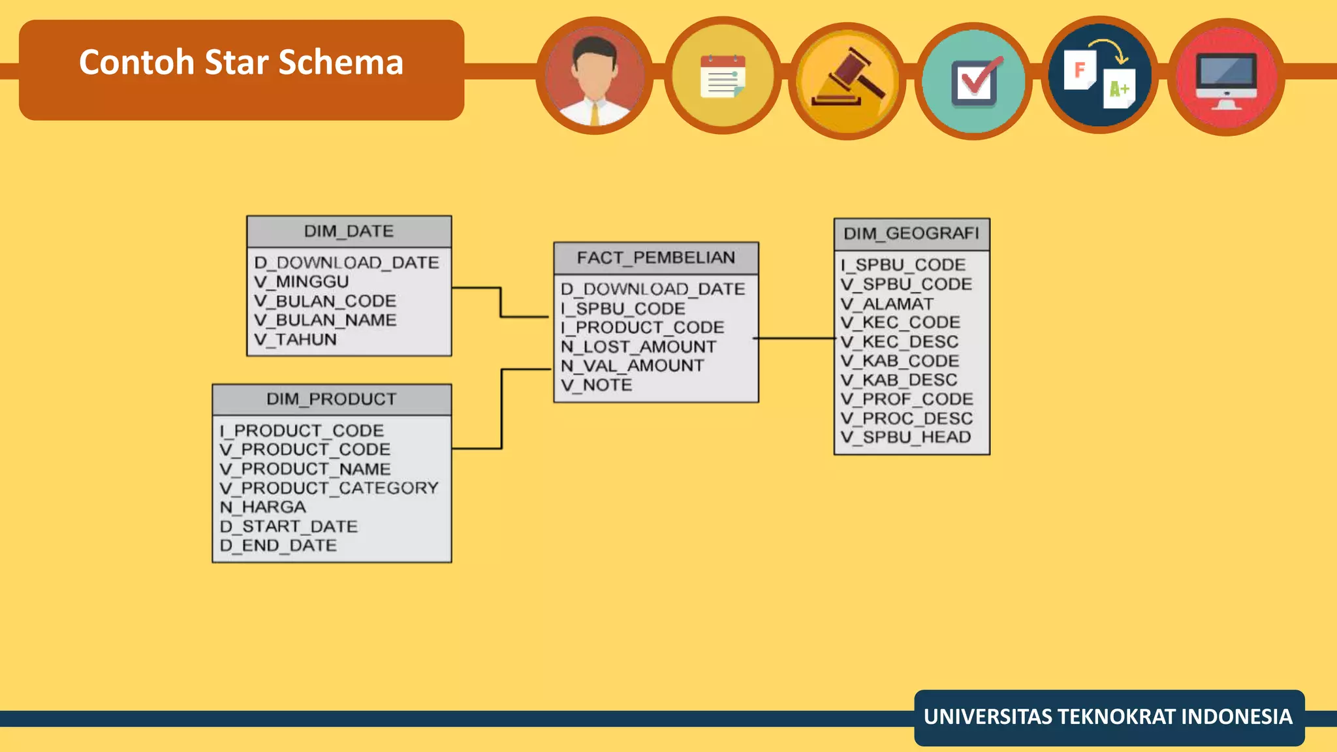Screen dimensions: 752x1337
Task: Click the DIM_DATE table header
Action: tap(349, 232)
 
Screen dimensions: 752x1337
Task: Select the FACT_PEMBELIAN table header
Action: tap(655, 258)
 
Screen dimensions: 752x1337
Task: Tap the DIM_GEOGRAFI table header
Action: tap(911, 234)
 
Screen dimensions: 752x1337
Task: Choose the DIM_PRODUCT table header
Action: tap(331, 399)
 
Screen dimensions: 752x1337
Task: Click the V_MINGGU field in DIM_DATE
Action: tap(302, 282)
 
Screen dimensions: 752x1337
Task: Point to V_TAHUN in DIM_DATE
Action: tap(295, 340)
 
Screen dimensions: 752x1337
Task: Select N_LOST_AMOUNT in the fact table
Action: tap(638, 347)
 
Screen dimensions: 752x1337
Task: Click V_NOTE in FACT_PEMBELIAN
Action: tap(597, 385)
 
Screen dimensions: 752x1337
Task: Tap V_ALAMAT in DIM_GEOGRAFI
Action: tap(887, 304)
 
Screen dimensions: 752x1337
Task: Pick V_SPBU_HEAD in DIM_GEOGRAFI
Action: tap(906, 437)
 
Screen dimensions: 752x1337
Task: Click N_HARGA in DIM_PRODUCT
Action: tap(263, 507)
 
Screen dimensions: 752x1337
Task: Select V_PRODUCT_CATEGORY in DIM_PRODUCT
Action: tap(329, 488)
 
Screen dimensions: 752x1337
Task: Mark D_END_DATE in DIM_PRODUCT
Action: tap(279, 546)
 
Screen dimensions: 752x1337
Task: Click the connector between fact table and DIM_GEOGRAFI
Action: tap(795, 338)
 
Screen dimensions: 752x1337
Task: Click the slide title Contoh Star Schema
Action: tap(241, 63)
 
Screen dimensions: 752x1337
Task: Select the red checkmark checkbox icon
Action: tap(973, 82)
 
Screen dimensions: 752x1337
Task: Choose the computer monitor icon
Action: tap(1225, 78)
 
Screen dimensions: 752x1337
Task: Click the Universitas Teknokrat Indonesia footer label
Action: tap(1108, 717)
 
